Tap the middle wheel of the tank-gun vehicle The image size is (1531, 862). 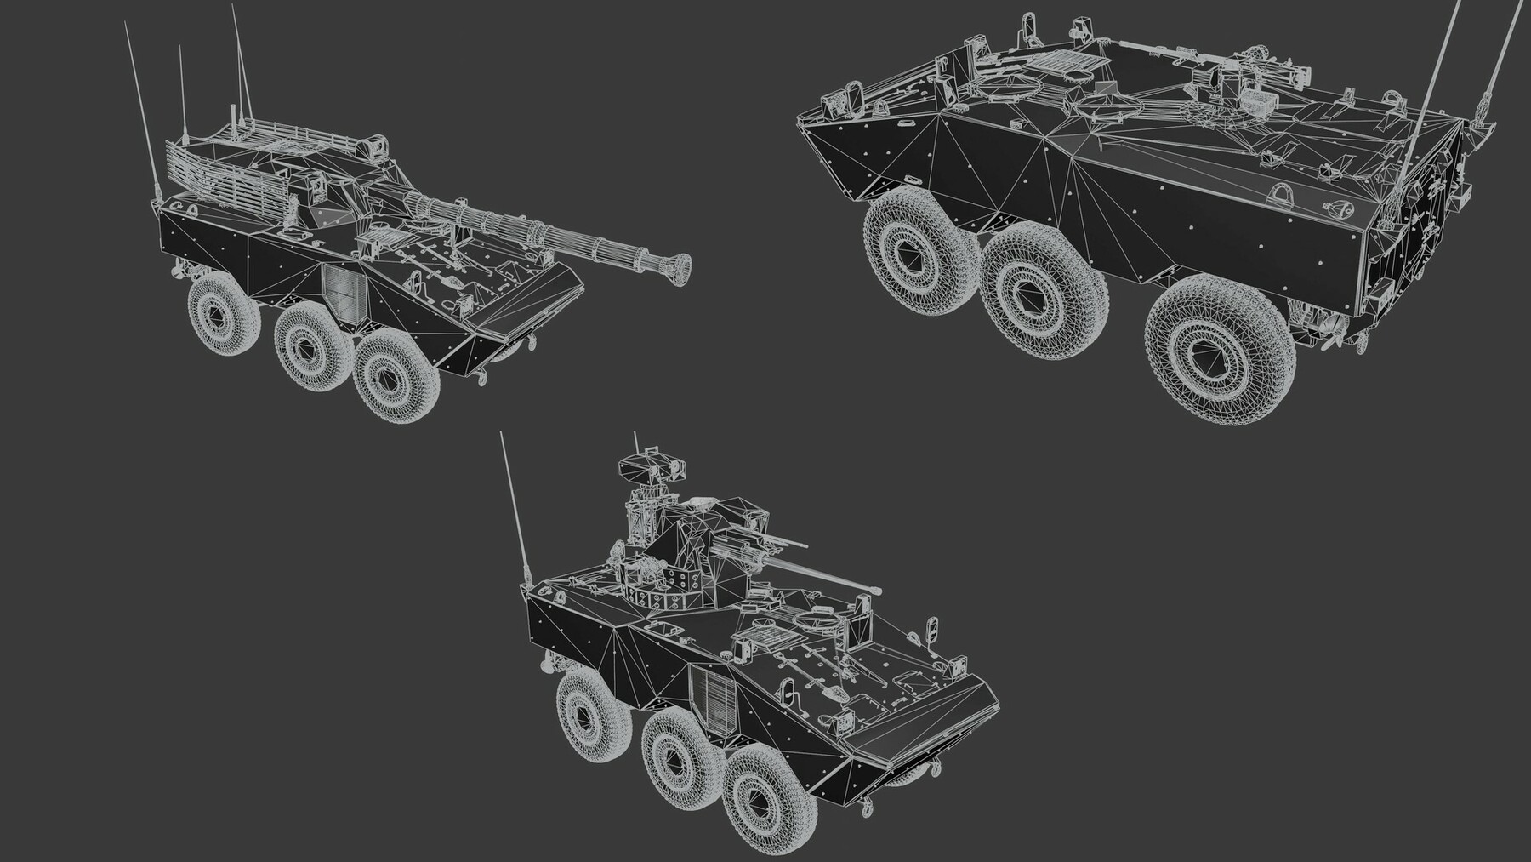311,345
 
